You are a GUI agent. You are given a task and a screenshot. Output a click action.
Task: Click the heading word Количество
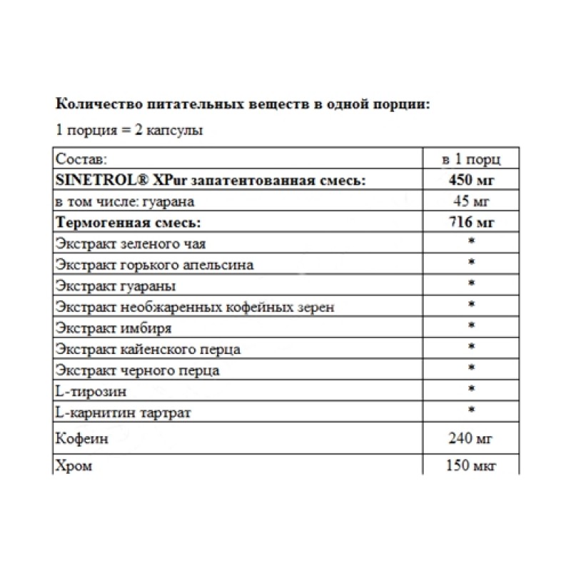pos(91,104)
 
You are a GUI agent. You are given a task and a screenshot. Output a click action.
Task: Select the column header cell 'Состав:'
pos(81,158)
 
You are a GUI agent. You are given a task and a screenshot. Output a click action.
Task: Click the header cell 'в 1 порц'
pos(471,158)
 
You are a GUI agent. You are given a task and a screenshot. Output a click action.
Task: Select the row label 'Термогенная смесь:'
pos(126,222)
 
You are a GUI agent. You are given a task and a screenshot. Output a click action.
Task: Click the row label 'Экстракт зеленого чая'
pos(131,243)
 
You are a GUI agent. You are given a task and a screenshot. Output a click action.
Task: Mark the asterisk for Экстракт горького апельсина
pos(471,265)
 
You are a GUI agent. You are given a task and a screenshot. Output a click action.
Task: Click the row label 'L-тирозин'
pos(87,391)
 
